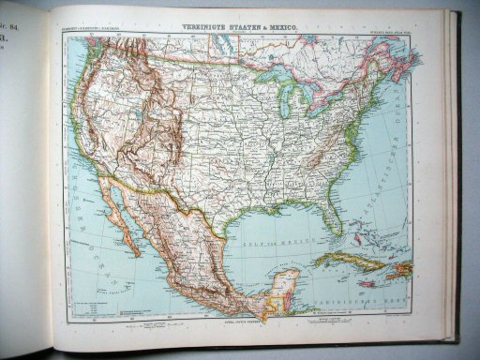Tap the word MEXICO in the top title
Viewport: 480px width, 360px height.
tap(283, 17)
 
